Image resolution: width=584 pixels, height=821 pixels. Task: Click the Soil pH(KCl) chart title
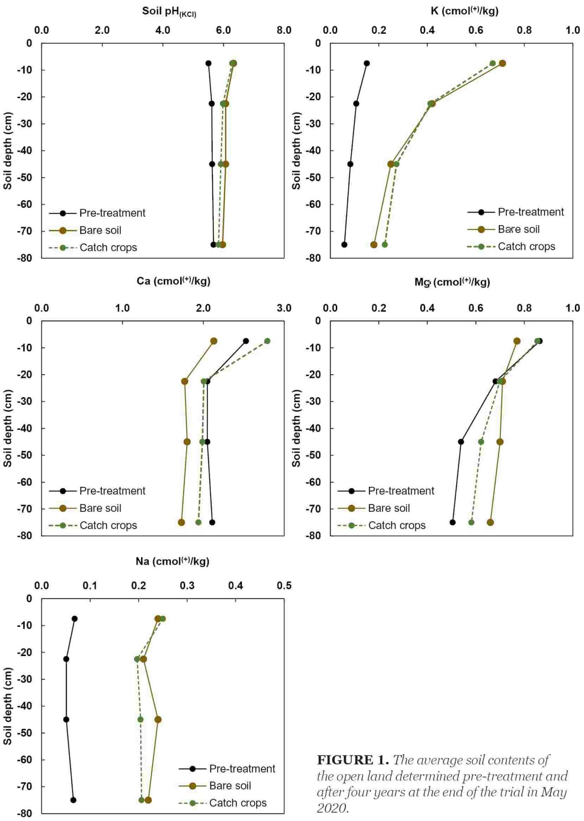[x=169, y=11]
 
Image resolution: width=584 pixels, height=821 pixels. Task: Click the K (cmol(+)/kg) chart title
[x=464, y=10]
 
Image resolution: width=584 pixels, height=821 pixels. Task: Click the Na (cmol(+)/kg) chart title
[x=172, y=561]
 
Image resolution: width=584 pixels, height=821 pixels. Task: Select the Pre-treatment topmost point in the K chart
[x=366, y=63]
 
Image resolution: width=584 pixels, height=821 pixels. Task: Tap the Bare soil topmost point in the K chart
[x=502, y=63]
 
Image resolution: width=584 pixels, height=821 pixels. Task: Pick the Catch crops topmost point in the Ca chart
[x=267, y=341]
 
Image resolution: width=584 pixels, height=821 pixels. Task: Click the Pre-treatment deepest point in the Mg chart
[x=453, y=522]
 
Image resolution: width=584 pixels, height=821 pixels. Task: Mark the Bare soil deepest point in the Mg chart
[x=490, y=522]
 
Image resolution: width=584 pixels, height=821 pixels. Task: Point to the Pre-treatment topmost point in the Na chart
[x=75, y=619]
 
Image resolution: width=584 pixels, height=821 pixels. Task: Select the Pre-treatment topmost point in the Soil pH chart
[x=209, y=63]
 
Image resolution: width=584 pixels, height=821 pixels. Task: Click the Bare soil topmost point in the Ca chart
[x=214, y=341]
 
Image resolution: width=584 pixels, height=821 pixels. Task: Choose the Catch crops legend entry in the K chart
[x=511, y=247]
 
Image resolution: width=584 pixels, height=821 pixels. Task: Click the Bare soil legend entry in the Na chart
[x=215, y=785]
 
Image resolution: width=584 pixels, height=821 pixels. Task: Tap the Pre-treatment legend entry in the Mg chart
[x=386, y=491]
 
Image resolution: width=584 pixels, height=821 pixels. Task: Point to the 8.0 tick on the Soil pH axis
[x=284, y=30]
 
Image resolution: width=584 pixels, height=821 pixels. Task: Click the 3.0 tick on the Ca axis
[x=284, y=308]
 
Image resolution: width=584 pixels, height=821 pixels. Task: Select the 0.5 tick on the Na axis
[x=284, y=585]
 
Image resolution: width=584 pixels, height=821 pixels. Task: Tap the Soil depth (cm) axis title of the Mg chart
[x=296, y=428]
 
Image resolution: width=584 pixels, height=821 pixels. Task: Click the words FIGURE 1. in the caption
[x=353, y=760]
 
